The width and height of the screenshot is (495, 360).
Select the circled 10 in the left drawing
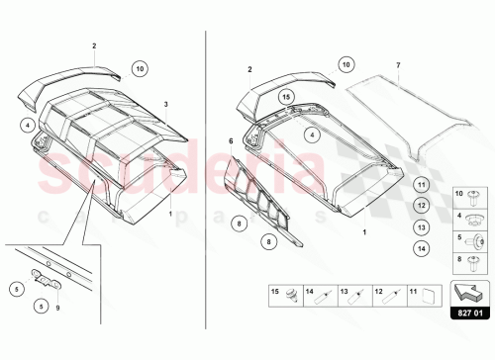coord(140,68)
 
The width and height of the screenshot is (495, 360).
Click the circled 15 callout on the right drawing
coord(285,97)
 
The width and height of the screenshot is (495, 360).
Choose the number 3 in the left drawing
coord(165,103)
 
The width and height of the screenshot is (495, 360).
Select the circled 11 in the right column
coord(420,184)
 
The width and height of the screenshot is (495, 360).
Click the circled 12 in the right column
coord(420,205)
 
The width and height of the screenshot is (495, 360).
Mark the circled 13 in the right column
coord(420,225)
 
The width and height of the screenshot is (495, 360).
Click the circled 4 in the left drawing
coord(30,125)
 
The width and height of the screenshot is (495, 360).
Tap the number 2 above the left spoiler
coord(94,46)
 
